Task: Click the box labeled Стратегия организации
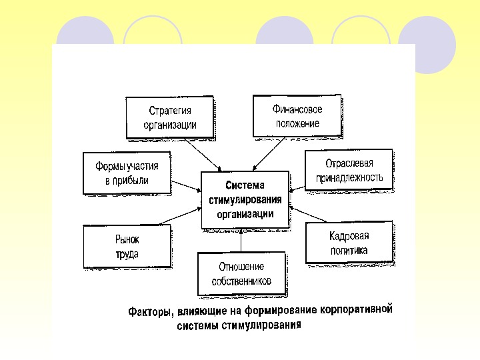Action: click(x=170, y=117)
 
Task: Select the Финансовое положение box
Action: click(x=296, y=115)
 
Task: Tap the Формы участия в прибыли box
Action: click(x=127, y=173)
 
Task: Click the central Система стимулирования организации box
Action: click(x=245, y=199)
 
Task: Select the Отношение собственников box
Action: click(x=241, y=273)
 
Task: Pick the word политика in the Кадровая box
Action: click(x=349, y=251)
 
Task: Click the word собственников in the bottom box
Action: click(x=241, y=281)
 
